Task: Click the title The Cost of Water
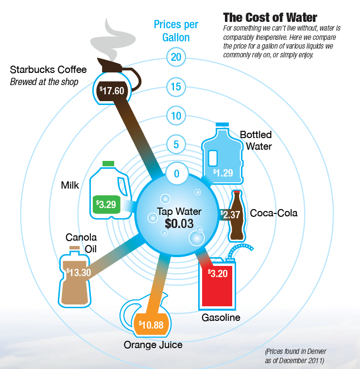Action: coord(270,18)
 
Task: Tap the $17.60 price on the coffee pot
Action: coord(113,90)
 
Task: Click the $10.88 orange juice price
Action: coord(151,325)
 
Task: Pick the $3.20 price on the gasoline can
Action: coord(217,272)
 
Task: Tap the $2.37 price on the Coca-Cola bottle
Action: coord(230,214)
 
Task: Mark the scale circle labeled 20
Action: coord(176,57)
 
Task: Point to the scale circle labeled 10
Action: coord(176,116)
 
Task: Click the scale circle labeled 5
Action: coord(176,144)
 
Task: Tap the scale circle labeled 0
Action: coord(176,174)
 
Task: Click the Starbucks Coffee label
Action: coord(48,70)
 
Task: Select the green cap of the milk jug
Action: coord(108,163)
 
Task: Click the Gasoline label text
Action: coord(221,318)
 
